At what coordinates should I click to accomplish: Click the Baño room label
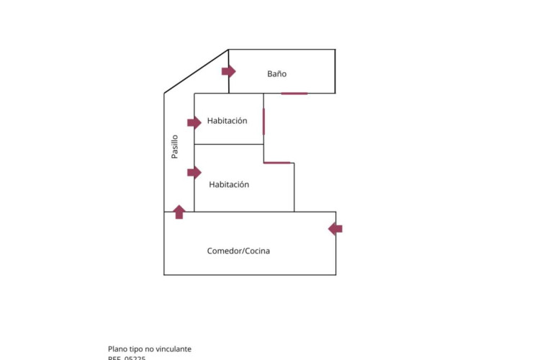[x=276, y=73]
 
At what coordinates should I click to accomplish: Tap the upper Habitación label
[x=227, y=121]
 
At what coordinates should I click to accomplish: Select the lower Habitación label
[x=229, y=184]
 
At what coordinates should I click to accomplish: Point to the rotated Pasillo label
[x=174, y=147]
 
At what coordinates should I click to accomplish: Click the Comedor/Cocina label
[x=238, y=251]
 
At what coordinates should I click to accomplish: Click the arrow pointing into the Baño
[x=228, y=71]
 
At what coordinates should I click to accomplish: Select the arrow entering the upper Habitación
[x=194, y=122]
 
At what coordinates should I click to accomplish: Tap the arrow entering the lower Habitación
[x=194, y=172]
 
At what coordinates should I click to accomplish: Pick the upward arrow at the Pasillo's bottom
[x=179, y=212]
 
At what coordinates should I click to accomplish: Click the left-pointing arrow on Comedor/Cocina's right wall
[x=336, y=229]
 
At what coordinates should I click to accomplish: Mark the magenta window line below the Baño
[x=294, y=93]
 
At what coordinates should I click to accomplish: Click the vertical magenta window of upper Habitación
[x=264, y=121]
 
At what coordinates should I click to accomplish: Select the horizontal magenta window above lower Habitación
[x=276, y=162]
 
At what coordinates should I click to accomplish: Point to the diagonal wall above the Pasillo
[x=196, y=71]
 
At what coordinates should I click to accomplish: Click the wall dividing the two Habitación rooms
[x=229, y=144]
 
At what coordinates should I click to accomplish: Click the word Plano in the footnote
[x=118, y=348]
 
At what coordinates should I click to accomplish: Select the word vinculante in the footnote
[x=175, y=348]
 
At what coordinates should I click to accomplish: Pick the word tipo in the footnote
[x=138, y=348]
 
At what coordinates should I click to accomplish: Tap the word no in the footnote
[x=151, y=348]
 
